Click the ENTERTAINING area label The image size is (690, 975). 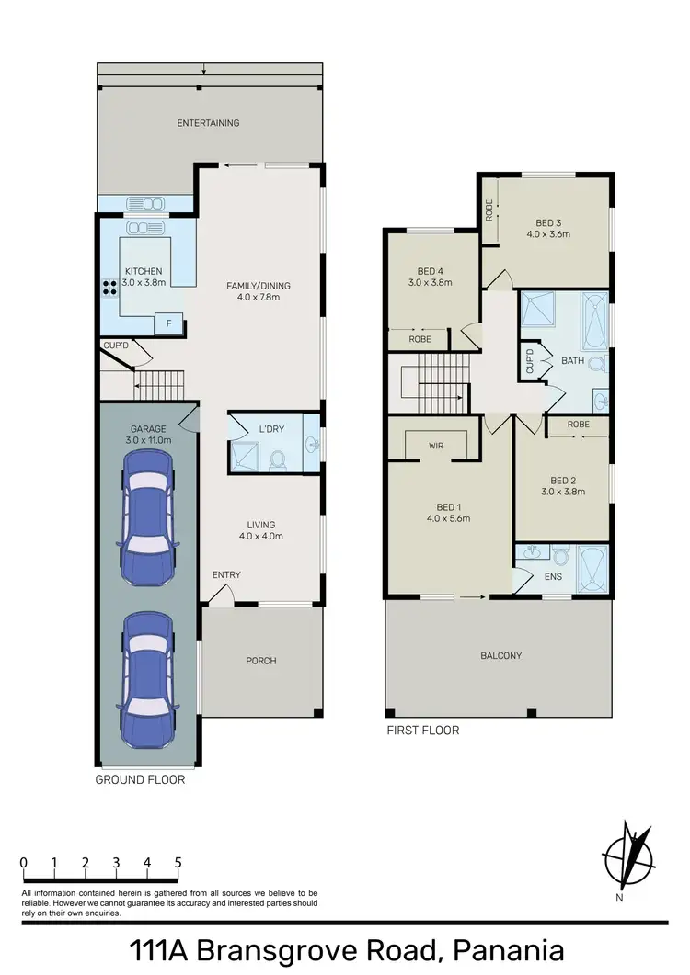pos(208,123)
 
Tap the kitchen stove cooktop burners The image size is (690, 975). pos(108,286)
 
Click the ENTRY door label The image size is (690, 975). pos(226,575)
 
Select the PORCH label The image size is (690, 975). pos(261,661)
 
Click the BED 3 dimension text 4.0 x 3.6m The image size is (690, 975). pos(548,234)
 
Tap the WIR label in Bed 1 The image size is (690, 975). pos(436,446)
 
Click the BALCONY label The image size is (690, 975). pos(500,656)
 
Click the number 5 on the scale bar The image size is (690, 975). pos(178,863)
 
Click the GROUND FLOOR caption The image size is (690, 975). pos(141,779)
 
